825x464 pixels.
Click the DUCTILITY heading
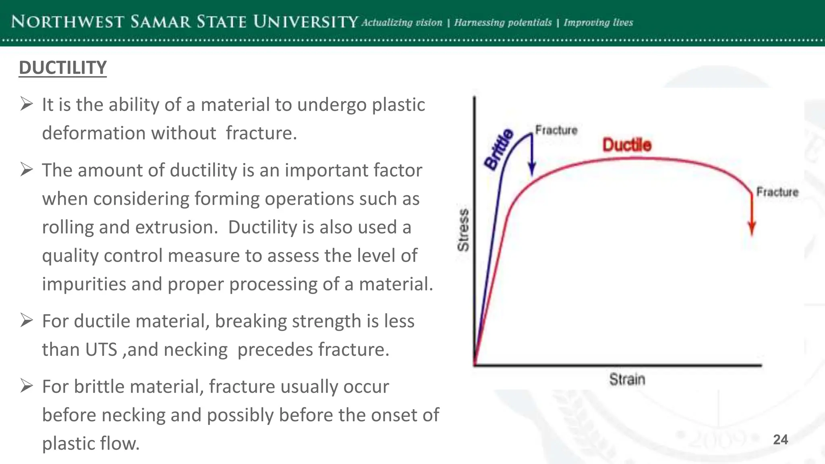pos(62,68)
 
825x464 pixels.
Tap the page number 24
pos(780,439)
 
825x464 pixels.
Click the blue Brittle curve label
pos(499,149)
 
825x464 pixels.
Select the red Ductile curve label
pos(627,145)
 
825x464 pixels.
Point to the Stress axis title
pos(464,230)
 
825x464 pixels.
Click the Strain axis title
pos(627,379)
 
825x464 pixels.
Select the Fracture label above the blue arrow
pos(556,130)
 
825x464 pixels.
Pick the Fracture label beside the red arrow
pos(777,192)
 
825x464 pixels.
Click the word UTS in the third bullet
pos(101,350)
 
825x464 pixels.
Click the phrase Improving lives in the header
pos(598,23)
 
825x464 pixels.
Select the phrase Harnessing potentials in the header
pos(503,23)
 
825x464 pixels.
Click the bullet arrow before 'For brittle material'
pos(27,386)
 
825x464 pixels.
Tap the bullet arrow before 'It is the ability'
pos(27,104)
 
